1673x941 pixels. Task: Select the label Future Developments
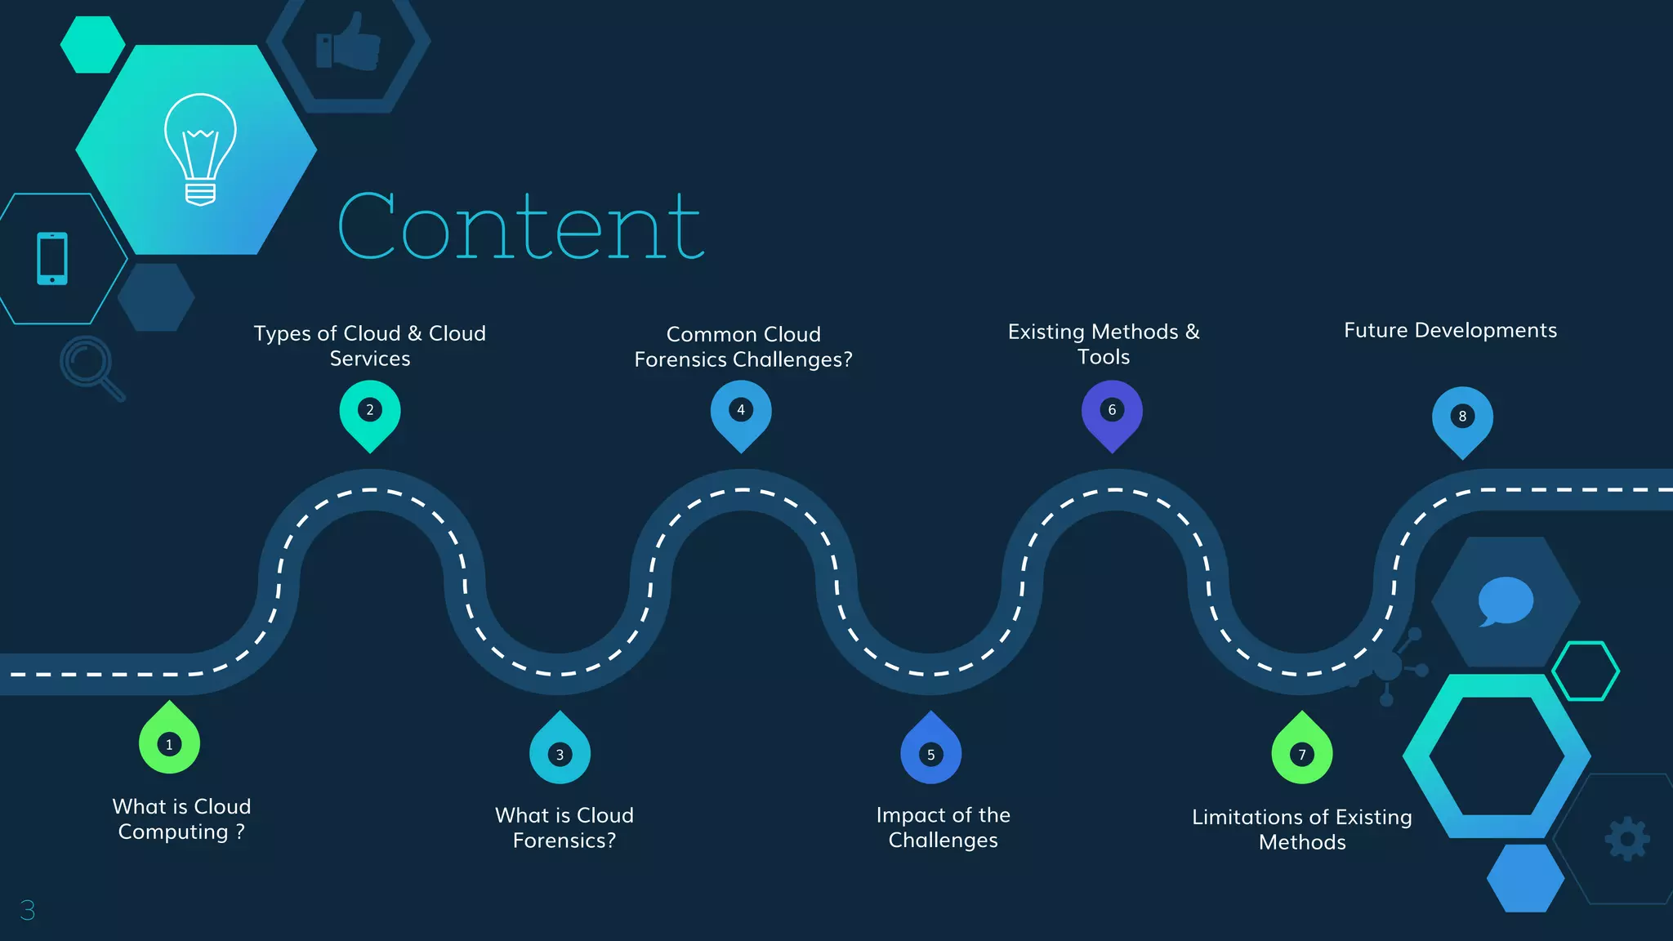pos(1450,330)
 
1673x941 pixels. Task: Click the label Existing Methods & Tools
pos(1104,344)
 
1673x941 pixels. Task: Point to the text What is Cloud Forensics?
pos(564,827)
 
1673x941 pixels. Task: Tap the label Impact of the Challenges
pos(943,827)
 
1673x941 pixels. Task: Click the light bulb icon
pos(200,149)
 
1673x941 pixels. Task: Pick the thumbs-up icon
pos(349,43)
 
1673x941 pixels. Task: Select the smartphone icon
pos(52,259)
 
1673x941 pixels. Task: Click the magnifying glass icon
pos(91,368)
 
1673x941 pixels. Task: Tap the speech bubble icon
pos(1505,601)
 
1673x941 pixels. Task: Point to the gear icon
pos(1627,839)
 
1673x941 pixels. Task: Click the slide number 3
pos(28,910)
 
